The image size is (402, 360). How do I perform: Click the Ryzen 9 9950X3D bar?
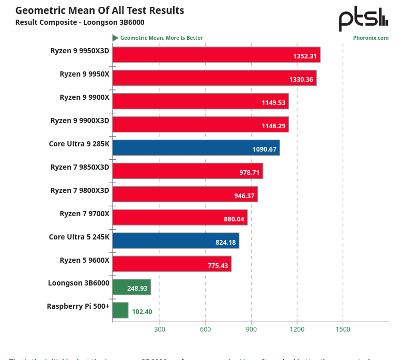(216, 55)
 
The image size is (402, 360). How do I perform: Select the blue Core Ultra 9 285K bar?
(196, 147)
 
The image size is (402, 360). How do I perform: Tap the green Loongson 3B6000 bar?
(131, 287)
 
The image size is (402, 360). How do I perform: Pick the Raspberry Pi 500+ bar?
(120, 310)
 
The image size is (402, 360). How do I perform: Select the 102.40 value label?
(142, 312)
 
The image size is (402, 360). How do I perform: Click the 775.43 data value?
(216, 266)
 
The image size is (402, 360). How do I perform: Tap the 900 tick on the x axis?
(251, 329)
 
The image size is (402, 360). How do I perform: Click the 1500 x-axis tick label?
(343, 329)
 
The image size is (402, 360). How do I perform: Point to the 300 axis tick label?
(159, 329)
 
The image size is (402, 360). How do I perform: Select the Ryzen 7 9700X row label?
(84, 213)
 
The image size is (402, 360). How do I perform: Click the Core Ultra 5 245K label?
(79, 236)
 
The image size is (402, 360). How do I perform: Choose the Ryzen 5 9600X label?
(84, 260)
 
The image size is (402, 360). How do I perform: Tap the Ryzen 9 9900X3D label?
(80, 120)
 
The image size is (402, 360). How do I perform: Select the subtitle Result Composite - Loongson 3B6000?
(80, 22)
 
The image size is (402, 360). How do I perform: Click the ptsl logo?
(363, 19)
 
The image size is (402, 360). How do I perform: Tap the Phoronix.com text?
(370, 38)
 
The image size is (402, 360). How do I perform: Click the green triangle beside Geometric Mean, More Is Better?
(115, 38)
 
